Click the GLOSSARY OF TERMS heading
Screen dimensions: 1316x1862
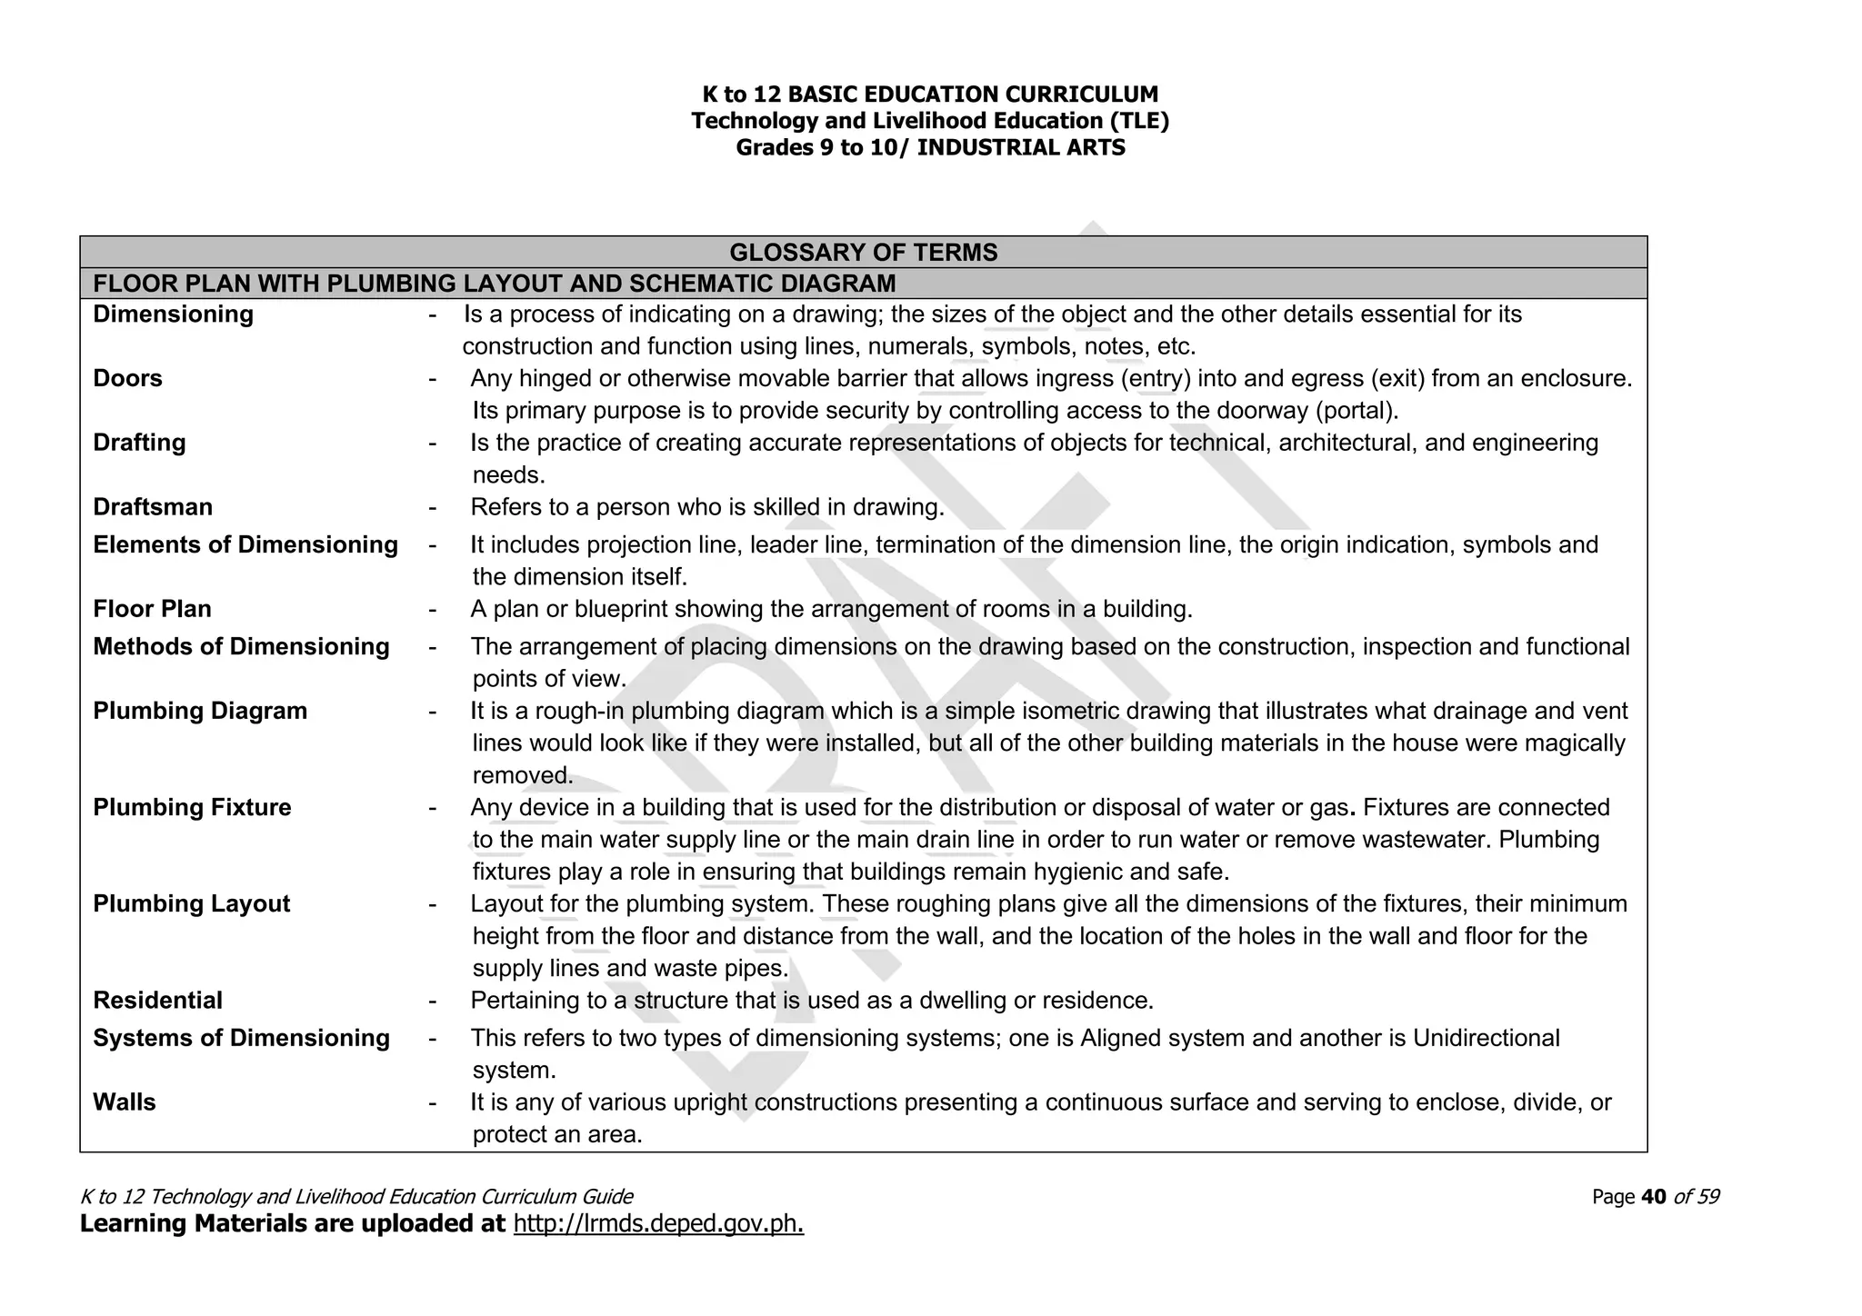(863, 253)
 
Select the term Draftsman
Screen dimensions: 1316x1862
(153, 507)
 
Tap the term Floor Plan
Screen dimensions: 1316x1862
(152, 609)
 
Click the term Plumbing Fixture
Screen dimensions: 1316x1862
(192, 807)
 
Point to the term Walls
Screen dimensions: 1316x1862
(125, 1102)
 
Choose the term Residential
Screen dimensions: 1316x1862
(157, 1001)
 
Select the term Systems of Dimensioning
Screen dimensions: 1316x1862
(241, 1038)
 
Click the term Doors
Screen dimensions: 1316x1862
(127, 378)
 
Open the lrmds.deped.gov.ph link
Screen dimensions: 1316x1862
(658, 1224)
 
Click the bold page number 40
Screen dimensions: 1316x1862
(1654, 1197)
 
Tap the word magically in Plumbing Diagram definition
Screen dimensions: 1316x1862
(1574, 743)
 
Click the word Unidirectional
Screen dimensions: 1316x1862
(1486, 1038)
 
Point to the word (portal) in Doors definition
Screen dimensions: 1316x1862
(1356, 411)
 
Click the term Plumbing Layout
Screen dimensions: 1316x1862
(191, 904)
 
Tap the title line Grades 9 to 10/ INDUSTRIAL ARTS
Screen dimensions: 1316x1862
(930, 147)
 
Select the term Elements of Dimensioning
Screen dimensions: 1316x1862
(245, 545)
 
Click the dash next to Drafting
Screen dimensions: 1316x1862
(433, 444)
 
